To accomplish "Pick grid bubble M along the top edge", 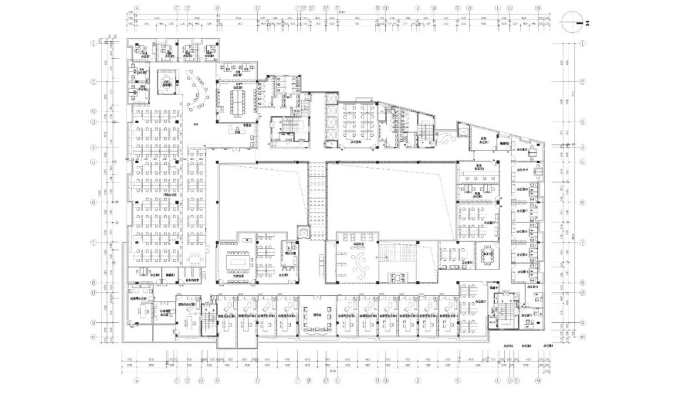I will pyautogui.click(x=538, y=9).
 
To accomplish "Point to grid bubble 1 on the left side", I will pyautogui.click(x=94, y=44).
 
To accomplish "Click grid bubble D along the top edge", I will pyautogui.click(x=217, y=9).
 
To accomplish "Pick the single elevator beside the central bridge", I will pyautogui.click(x=304, y=233).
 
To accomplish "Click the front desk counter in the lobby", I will pyautogui.click(x=233, y=132).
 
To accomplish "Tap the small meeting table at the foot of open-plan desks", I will pyautogui.click(x=195, y=258).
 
